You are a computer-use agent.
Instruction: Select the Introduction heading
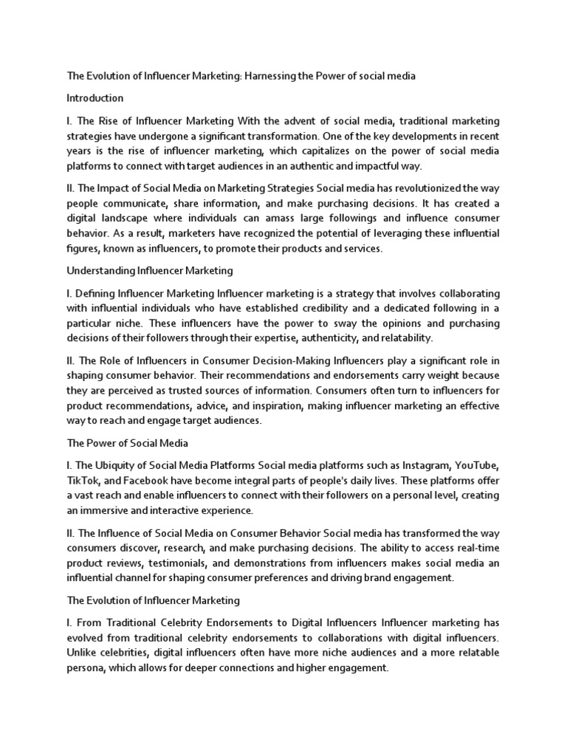click(x=95, y=98)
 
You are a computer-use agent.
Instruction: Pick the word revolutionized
click(x=431, y=188)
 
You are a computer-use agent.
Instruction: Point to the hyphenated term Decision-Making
click(x=285, y=361)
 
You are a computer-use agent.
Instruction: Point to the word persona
click(x=87, y=669)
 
